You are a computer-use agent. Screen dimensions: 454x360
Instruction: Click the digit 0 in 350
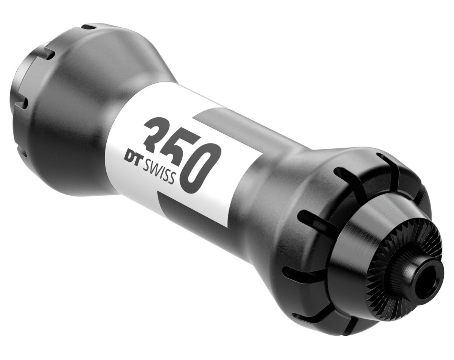(x=201, y=167)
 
